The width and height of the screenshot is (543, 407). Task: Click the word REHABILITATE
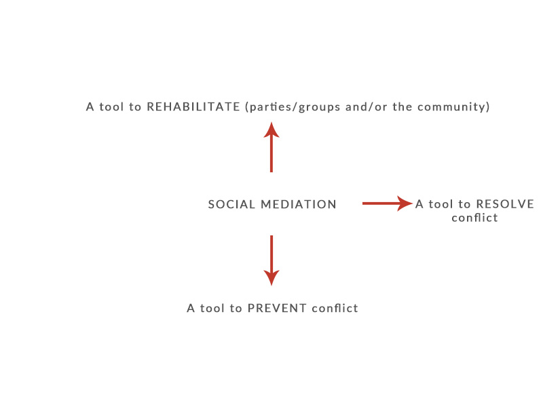[193, 106]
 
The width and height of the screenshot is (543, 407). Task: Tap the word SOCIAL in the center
[231, 204]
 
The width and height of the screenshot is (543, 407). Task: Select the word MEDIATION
[299, 204]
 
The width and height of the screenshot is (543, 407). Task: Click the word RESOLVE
[505, 204]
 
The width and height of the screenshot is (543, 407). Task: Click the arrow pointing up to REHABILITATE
[271, 147]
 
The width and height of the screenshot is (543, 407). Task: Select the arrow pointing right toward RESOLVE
[388, 203]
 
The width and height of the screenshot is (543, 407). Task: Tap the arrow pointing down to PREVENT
[271, 260]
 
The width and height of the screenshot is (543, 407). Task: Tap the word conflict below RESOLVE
[474, 218]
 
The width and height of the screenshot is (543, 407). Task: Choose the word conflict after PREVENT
[335, 308]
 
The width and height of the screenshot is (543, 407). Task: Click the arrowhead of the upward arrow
[271, 130]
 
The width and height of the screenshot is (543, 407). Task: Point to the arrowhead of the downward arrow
[271, 278]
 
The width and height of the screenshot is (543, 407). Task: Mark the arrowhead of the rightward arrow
[405, 203]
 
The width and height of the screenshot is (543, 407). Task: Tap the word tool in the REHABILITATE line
[111, 106]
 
